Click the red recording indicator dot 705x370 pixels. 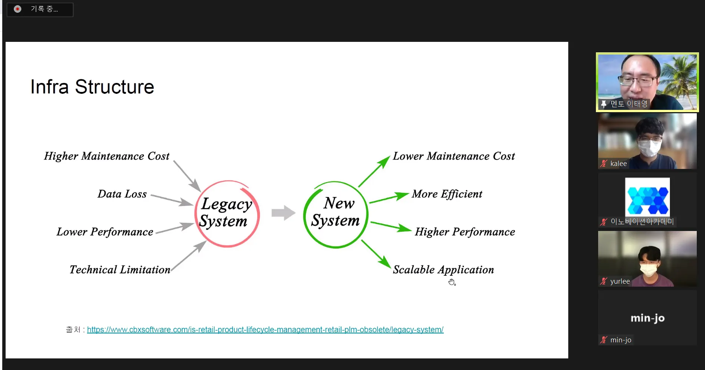[18, 9]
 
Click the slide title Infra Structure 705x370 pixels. [92, 87]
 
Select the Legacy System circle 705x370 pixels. [227, 214]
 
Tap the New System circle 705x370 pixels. [336, 215]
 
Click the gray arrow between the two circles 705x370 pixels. [284, 213]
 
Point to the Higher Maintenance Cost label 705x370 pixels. [106, 156]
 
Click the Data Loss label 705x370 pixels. [122, 194]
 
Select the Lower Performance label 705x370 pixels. [105, 232]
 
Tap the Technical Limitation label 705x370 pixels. [120, 269]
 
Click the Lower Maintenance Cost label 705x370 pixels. [454, 156]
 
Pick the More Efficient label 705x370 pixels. [447, 194]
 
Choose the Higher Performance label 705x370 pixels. [465, 232]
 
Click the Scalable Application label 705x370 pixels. [443, 270]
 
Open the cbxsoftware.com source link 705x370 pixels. [265, 330]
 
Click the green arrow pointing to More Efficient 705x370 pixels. [389, 198]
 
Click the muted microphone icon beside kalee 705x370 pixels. [604, 164]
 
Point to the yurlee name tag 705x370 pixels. [620, 281]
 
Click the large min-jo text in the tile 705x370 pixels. [647, 318]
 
